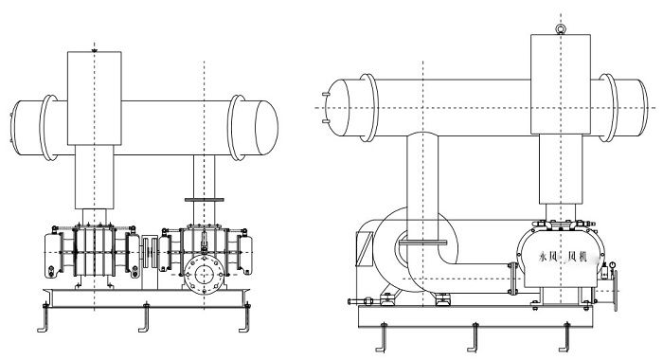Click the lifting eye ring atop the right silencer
(x=561, y=29)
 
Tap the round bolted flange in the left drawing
(x=205, y=275)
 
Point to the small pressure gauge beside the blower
(x=612, y=265)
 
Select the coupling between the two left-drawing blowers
(x=150, y=252)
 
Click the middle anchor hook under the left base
(x=145, y=317)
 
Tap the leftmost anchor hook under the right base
(x=382, y=337)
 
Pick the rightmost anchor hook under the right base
(x=565, y=337)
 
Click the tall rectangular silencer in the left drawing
(x=95, y=99)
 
